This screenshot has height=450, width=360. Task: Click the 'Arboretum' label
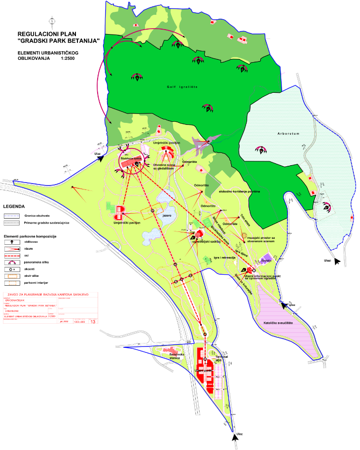288,133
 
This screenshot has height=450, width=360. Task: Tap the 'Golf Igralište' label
182,87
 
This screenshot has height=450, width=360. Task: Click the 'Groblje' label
267,260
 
